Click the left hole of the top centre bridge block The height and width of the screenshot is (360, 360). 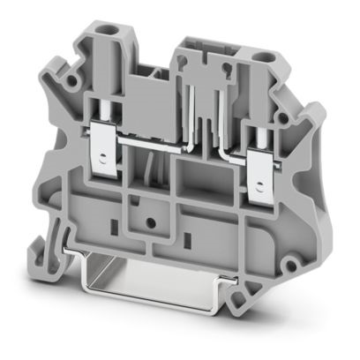[188, 61]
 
